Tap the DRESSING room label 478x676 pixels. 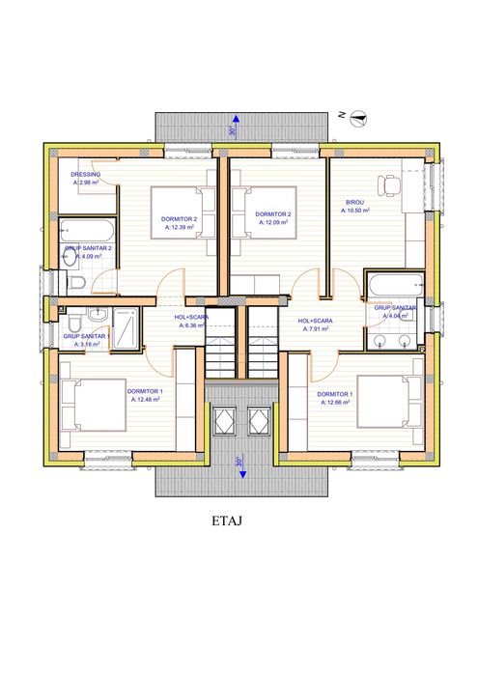coord(86,174)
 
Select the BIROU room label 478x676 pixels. coord(355,203)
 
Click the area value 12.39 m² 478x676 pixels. coord(181,229)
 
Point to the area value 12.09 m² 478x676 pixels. coord(274,223)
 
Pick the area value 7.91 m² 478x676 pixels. coord(315,329)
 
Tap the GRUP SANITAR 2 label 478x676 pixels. coord(89,247)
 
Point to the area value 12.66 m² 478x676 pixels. coord(335,403)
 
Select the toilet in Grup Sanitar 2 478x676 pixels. coord(75,282)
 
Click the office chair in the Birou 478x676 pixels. coord(390,185)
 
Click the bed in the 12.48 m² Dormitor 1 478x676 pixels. coord(95,405)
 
